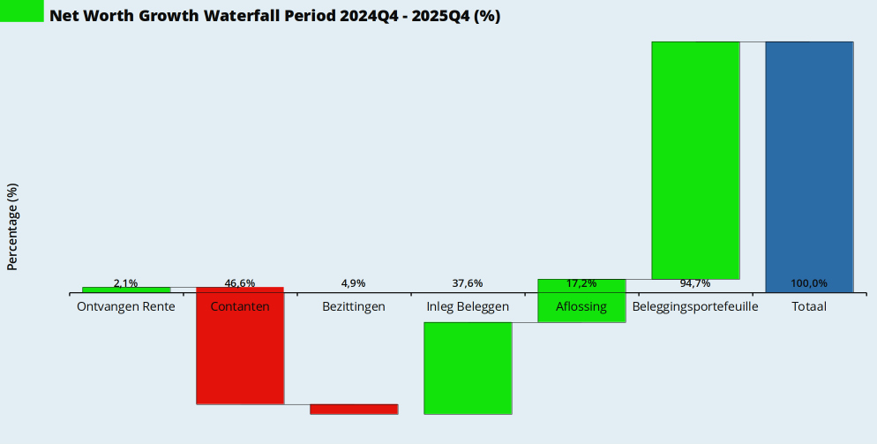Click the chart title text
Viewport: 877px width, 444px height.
point(274,16)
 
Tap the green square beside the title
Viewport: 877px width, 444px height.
point(21,11)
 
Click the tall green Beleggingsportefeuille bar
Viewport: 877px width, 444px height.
point(695,160)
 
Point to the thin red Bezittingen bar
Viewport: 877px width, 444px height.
point(354,409)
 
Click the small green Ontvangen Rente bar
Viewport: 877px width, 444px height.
point(126,290)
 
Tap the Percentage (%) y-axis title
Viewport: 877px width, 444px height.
point(12,227)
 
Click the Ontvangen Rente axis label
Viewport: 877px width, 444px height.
point(126,306)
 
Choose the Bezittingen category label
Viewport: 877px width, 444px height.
point(354,306)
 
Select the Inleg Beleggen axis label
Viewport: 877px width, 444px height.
point(468,306)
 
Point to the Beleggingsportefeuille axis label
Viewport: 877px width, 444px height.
point(695,306)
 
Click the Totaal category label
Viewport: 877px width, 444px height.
point(809,306)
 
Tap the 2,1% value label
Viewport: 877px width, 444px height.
point(126,283)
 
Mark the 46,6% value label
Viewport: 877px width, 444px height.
point(240,283)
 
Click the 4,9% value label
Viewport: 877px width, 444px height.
point(354,283)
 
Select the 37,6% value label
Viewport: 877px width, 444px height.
point(468,283)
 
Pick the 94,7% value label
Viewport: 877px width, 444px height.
point(695,283)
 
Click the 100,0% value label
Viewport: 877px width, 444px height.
point(809,283)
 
